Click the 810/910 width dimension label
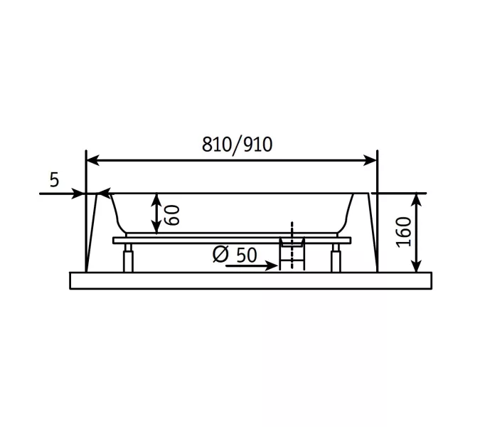237,144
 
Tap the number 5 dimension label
54,180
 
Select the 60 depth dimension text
172,215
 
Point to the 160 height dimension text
403,232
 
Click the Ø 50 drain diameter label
235,254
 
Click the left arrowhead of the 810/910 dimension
92,160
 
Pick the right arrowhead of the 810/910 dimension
370,160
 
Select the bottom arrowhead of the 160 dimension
416,265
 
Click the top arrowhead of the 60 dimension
156,199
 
